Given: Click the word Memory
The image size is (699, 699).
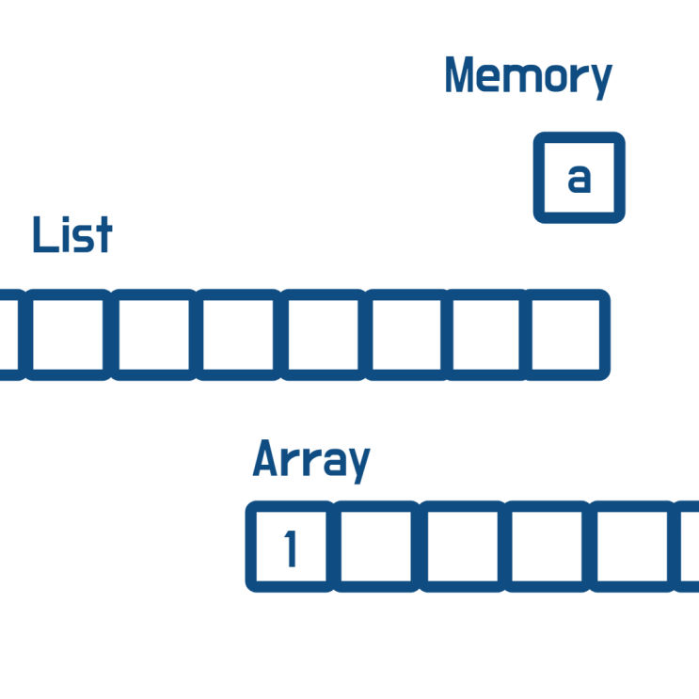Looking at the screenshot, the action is click(529, 77).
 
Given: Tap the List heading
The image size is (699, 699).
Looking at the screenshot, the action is click(72, 234).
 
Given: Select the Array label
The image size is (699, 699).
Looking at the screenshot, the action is click(311, 461).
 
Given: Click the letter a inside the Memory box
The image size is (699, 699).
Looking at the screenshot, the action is click(580, 179).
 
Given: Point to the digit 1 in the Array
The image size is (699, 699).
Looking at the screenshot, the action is click(291, 548).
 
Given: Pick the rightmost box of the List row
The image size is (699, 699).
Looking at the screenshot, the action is click(566, 335).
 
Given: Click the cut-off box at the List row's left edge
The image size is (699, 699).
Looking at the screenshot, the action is click(10, 335).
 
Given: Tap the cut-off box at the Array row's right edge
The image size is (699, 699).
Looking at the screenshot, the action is click(687, 547).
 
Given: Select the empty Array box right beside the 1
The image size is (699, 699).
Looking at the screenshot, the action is click(375, 547).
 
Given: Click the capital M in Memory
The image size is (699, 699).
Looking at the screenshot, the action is click(459, 74).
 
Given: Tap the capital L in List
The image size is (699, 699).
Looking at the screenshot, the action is click(45, 234).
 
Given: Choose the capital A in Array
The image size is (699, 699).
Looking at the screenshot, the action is click(265, 458).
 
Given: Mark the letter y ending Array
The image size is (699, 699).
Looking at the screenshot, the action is click(358, 466).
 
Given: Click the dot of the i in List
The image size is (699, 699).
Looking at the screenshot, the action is click(66, 219).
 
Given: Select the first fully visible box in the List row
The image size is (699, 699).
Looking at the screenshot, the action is click(68, 335).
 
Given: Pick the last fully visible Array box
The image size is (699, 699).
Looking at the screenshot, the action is click(632, 547).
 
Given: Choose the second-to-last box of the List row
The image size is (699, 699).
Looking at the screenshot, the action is click(485, 335).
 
